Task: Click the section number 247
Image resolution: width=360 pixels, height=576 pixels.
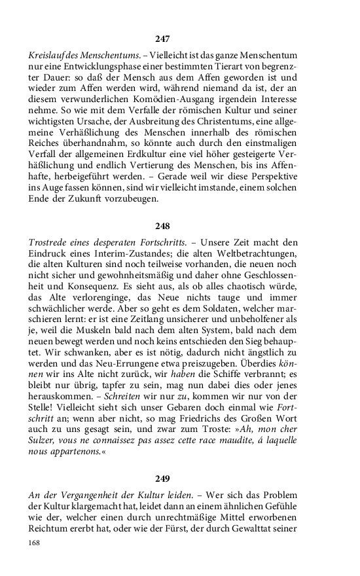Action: tap(162, 39)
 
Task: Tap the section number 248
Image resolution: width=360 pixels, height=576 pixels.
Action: tap(162, 226)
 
